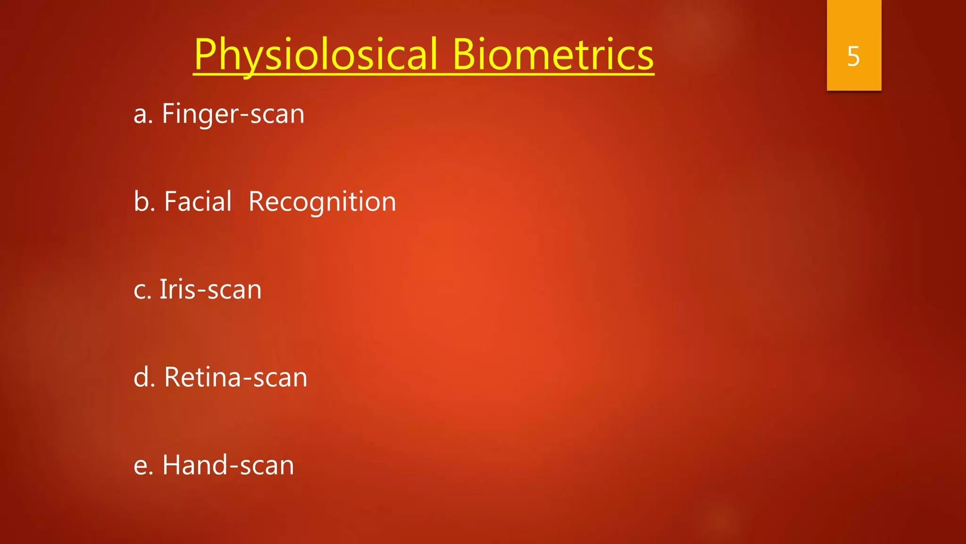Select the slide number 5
[853, 56]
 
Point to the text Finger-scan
[233, 114]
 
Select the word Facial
[198, 202]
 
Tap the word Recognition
[322, 202]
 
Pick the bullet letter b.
[142, 202]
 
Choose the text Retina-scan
[235, 377]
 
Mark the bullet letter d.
[142, 377]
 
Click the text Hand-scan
[228, 465]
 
